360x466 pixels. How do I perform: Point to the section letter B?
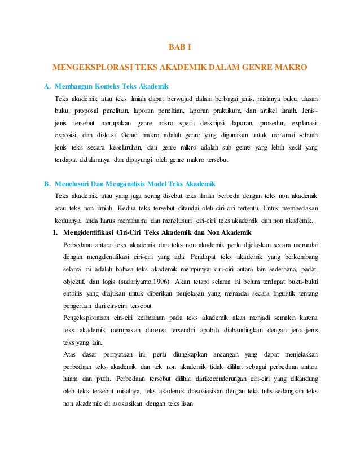[x=47, y=184]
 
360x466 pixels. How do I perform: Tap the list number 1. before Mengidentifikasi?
[x=55, y=232]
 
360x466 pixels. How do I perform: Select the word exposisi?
[x=66, y=135]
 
